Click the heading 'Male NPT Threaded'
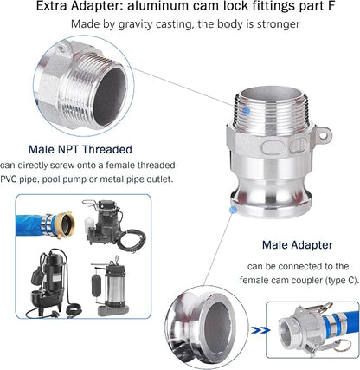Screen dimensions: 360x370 click(80, 149)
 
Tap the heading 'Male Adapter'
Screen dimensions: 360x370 click(298, 245)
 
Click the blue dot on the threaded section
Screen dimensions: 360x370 click(246, 111)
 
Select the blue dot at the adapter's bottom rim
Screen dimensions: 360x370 click(233, 210)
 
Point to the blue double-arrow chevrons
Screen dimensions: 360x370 click(260, 330)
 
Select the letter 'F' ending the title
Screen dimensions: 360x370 click(331, 6)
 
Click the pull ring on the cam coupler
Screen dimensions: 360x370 click(343, 346)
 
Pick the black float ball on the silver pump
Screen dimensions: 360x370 click(96, 285)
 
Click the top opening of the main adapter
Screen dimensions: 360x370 click(272, 94)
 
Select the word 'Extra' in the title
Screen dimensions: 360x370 click(51, 6)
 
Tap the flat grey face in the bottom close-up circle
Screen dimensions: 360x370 click(218, 328)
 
